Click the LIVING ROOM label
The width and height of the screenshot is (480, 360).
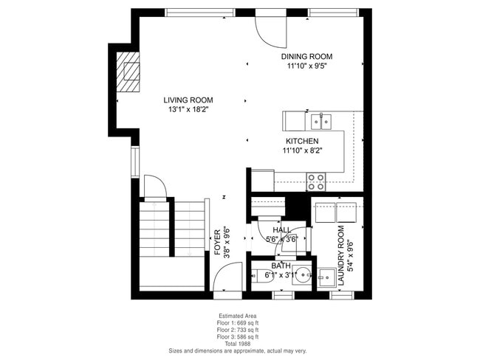[188, 100]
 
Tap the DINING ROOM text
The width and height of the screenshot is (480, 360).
[306, 56]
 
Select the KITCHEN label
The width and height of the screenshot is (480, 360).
[302, 141]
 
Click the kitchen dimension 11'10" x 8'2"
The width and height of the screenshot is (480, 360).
[302, 150]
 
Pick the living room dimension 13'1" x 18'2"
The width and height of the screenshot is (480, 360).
[188, 110]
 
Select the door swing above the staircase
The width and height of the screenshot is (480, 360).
[154, 187]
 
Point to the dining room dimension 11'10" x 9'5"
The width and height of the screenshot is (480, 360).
[306, 66]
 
